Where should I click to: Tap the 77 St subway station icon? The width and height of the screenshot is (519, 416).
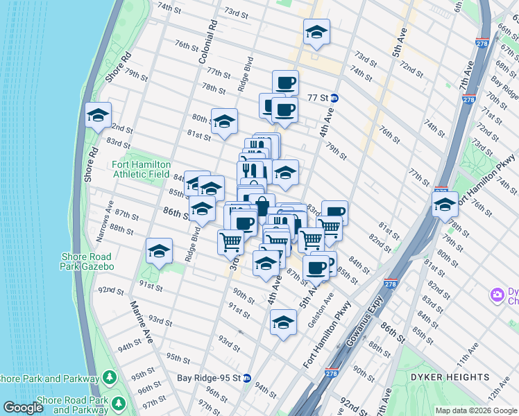(x=334, y=98)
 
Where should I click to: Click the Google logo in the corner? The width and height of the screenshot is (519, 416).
(x=23, y=408)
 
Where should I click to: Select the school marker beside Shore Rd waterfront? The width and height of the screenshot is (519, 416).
(x=98, y=116)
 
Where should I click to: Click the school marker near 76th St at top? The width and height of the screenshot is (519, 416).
(x=316, y=32)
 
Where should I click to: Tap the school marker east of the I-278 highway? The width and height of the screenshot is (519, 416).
(x=444, y=205)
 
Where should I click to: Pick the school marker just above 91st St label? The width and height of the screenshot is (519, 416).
(x=159, y=252)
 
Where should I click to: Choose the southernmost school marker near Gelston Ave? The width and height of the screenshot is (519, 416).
(x=282, y=322)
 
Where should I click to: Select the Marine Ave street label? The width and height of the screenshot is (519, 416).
(x=139, y=321)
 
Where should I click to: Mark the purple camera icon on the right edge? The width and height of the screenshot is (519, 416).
(x=497, y=295)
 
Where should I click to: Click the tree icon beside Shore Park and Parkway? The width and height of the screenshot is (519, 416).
(x=109, y=378)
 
